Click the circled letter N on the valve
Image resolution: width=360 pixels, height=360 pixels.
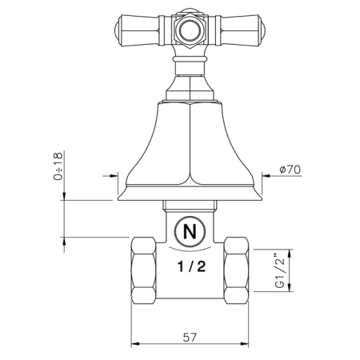pyautogui.click(x=189, y=233)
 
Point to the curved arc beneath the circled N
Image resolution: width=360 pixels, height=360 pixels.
pyautogui.click(x=189, y=250)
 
